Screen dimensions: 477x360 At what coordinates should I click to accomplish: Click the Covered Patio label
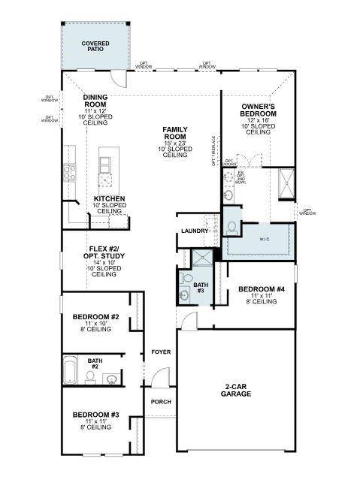tap(95, 47)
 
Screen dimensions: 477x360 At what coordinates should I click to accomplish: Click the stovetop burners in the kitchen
tap(69, 172)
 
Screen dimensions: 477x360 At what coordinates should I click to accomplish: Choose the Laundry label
tap(194, 231)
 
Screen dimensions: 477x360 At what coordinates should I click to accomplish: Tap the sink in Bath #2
tap(110, 378)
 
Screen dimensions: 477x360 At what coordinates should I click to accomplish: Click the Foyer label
tap(161, 352)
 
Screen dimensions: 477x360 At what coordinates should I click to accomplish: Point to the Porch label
tap(161, 402)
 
